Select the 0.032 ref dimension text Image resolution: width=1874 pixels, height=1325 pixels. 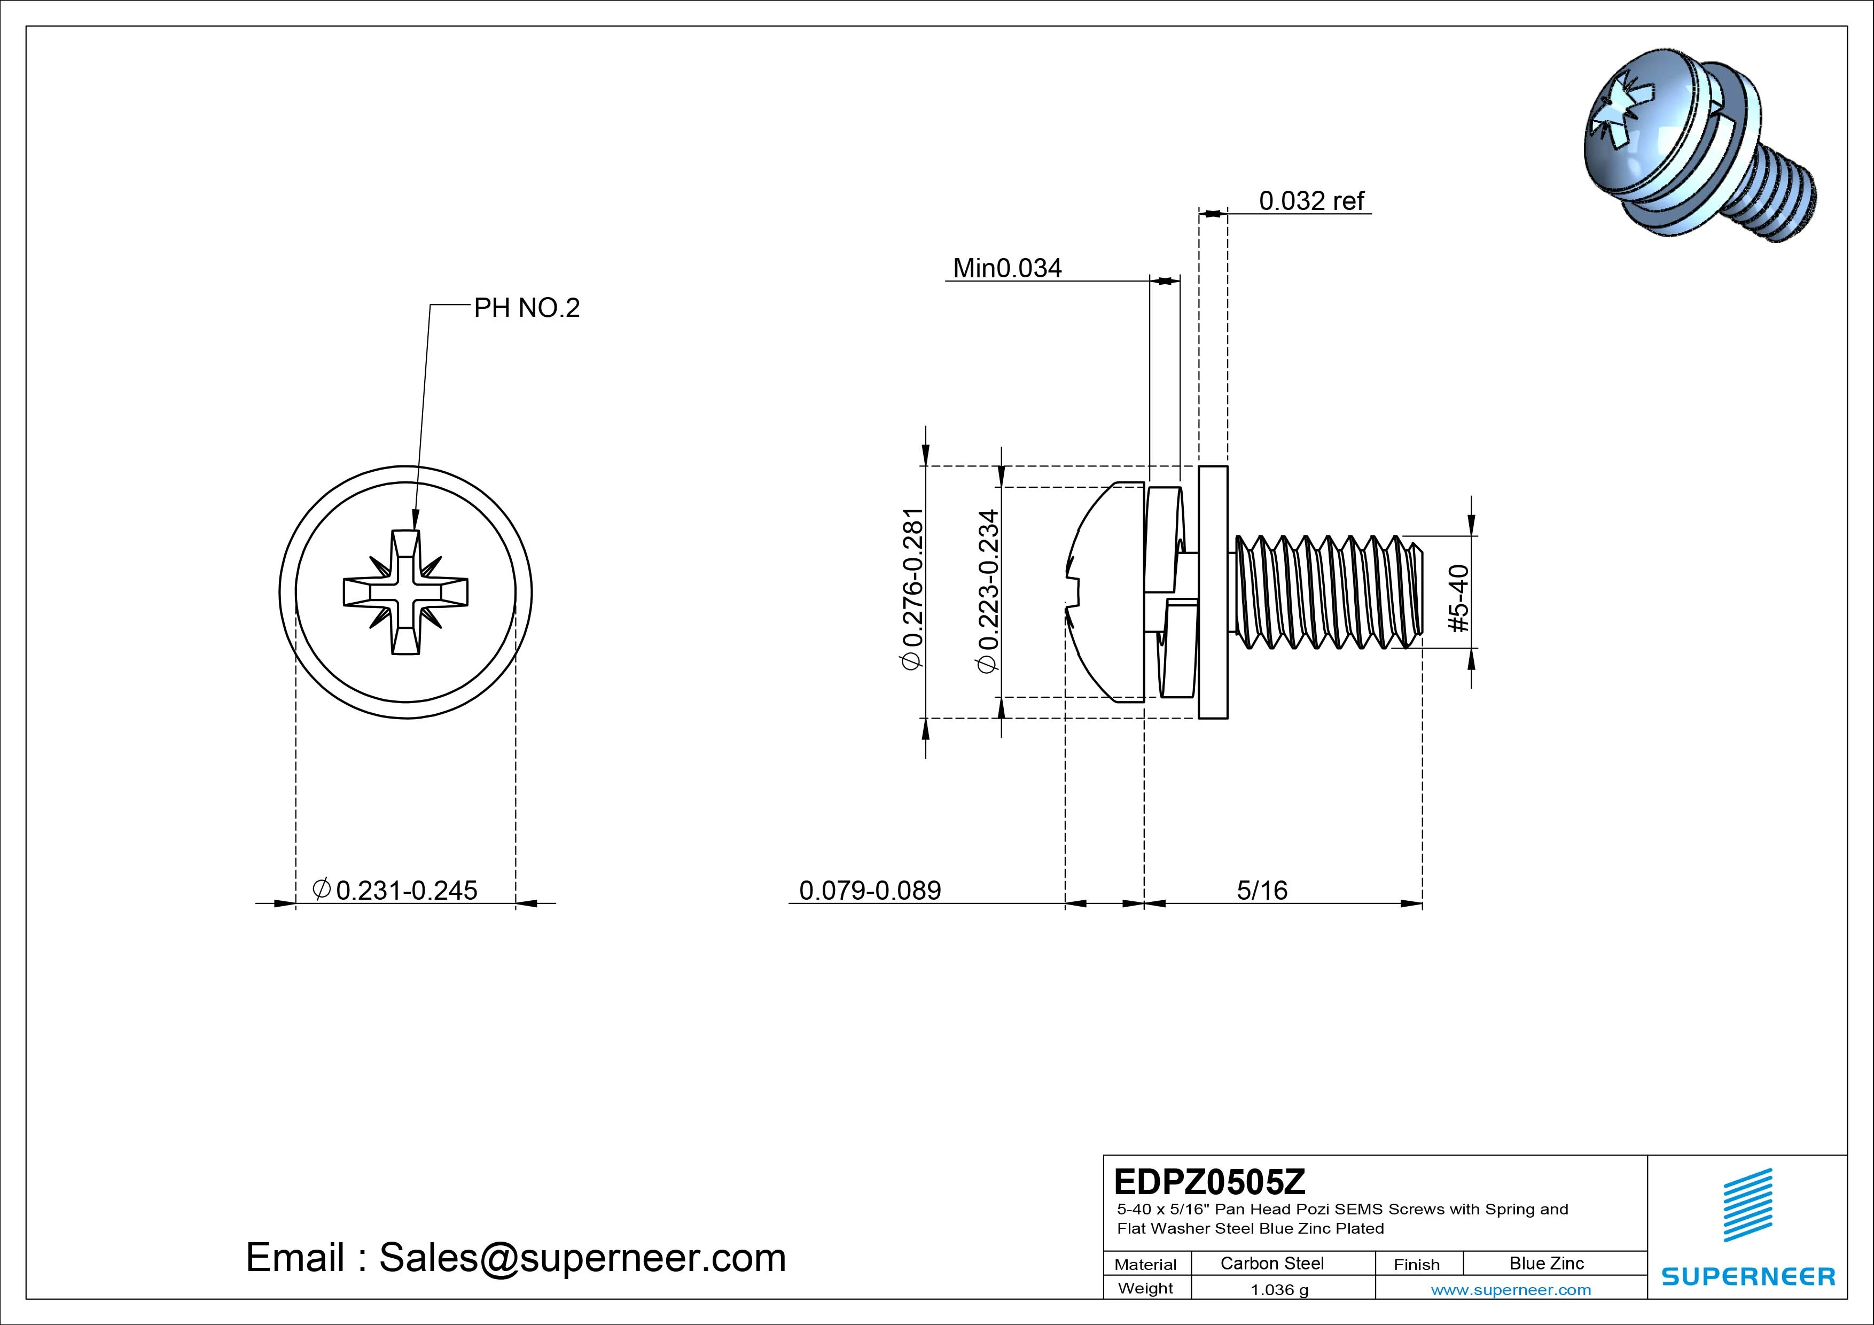1311,201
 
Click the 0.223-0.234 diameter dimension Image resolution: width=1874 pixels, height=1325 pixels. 988,591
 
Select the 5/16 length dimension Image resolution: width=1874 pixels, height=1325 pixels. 1262,890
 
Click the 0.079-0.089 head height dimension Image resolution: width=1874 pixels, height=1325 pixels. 870,890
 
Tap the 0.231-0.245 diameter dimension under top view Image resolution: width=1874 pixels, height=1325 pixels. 396,890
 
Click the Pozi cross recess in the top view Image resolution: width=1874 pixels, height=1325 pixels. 405,592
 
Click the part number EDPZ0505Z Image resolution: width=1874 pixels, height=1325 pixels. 1209,1181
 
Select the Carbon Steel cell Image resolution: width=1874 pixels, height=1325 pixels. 1271,1263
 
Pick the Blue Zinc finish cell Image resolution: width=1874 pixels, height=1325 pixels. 1546,1263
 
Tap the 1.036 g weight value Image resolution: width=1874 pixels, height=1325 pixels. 1279,1290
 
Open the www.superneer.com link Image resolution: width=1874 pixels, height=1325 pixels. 1511,1290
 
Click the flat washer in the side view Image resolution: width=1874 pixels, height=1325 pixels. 1213,592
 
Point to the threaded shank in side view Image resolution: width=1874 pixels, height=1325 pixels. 1326,592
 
